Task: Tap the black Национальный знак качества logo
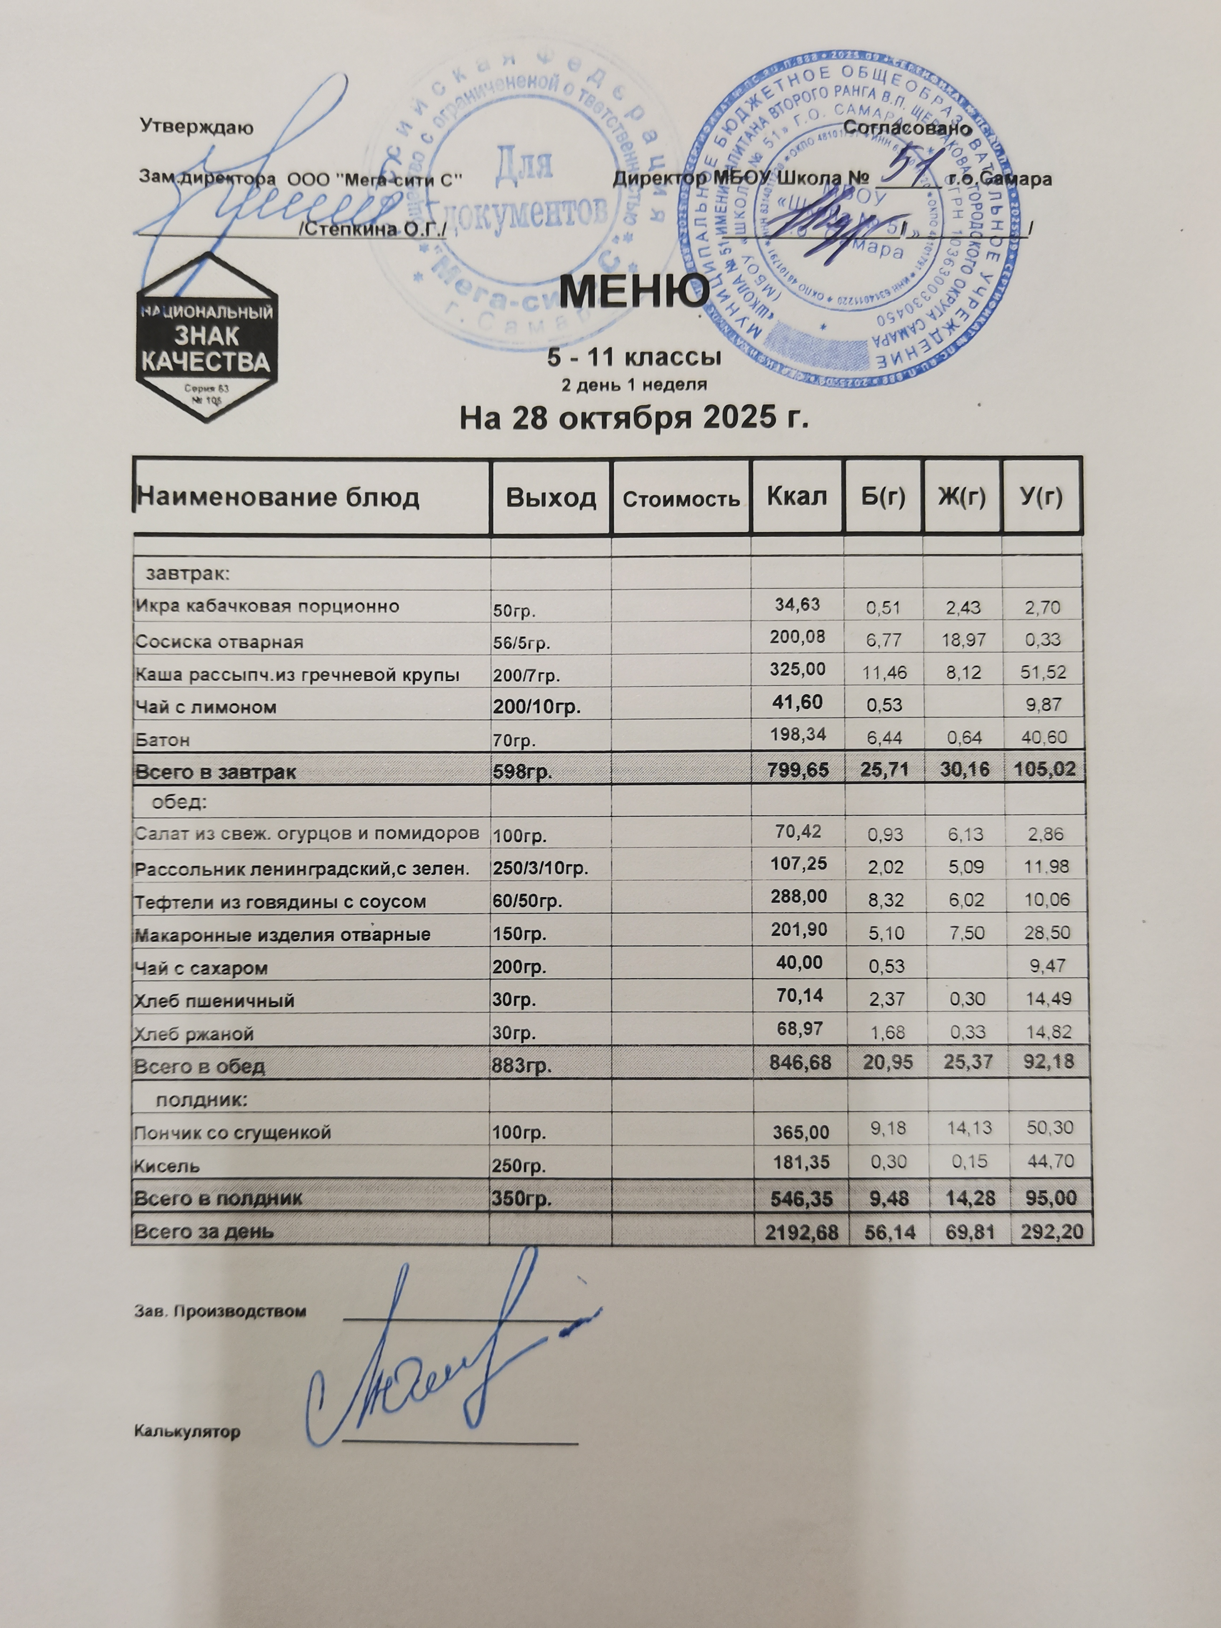point(206,336)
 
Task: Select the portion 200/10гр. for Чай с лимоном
point(537,707)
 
